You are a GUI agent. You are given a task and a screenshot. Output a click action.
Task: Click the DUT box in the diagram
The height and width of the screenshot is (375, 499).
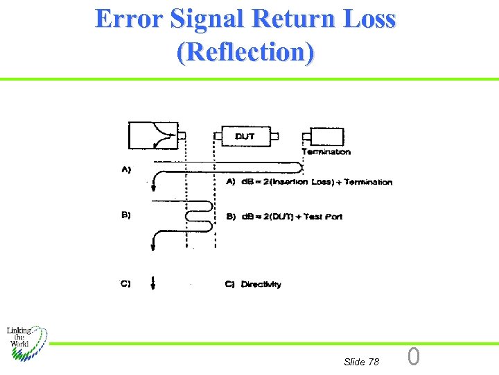point(245,136)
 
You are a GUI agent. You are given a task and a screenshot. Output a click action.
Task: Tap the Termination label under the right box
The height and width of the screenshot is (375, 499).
point(326,152)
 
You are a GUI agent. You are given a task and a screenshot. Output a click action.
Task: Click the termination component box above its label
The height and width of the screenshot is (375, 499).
point(326,136)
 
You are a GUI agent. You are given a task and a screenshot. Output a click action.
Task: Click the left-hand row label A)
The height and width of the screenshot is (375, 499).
point(127,169)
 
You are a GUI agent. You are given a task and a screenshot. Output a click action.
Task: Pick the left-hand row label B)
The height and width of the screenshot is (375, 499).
point(127,215)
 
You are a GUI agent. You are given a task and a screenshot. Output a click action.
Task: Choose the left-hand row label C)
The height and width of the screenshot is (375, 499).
point(127,283)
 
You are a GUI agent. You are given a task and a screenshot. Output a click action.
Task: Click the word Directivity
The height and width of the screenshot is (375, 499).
point(261,285)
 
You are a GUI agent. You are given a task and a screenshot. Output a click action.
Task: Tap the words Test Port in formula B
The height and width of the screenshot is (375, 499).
point(324,217)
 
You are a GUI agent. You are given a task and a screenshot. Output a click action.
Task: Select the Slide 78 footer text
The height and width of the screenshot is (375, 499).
point(361,362)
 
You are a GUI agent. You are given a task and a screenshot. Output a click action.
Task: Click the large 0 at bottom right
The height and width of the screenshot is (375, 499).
point(414,357)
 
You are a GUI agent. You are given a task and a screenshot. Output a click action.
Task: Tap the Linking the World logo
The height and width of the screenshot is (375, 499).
point(25,341)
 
